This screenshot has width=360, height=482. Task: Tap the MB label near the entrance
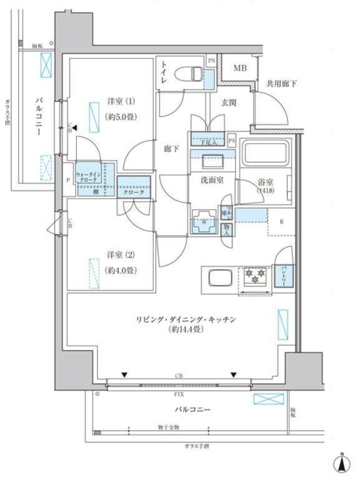coord(239,69)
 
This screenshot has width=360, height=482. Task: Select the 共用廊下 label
coord(280,85)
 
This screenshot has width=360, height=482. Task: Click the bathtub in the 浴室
coord(267,154)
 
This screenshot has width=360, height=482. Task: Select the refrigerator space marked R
coord(281,221)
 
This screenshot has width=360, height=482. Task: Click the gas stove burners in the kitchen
coord(254,279)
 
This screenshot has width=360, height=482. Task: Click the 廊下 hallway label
coord(172,149)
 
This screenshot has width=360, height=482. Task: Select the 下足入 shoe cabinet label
coord(205,138)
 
